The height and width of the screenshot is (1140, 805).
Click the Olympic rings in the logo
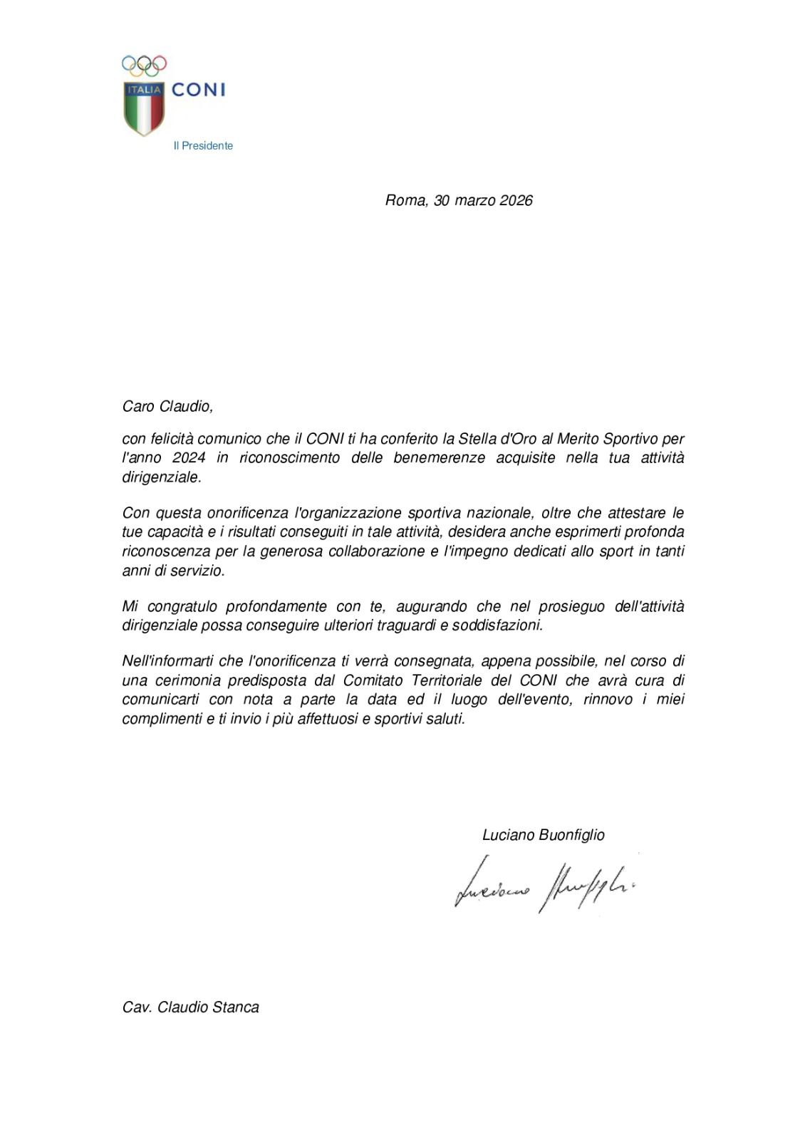[x=144, y=66]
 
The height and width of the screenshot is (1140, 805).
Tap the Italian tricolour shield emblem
[x=144, y=108]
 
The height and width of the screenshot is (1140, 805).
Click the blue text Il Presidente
[x=203, y=146]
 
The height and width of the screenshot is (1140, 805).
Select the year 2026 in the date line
[x=516, y=200]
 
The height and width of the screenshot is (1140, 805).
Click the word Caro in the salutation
[x=138, y=406]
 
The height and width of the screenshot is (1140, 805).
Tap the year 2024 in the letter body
[x=189, y=458]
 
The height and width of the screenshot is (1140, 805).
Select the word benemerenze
[x=439, y=458]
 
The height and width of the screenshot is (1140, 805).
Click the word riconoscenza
[x=166, y=551]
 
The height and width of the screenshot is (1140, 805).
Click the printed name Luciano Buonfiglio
[x=543, y=835]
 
